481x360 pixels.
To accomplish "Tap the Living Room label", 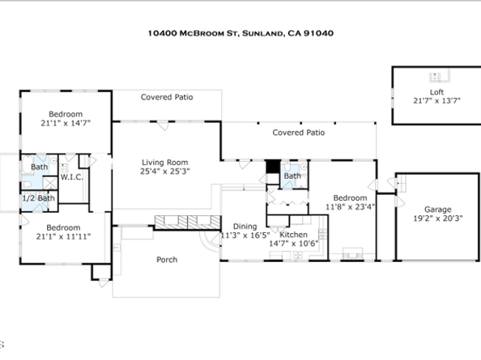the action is pyautogui.click(x=164, y=163).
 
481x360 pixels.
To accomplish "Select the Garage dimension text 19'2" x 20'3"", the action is pyautogui.click(x=438, y=218).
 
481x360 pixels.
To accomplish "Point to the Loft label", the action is pyautogui.click(x=436, y=92).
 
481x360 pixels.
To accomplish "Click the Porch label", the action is pyautogui.click(x=167, y=260).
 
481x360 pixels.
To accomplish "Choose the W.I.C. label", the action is pyautogui.click(x=71, y=177).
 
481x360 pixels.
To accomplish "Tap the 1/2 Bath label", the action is pyautogui.click(x=39, y=198).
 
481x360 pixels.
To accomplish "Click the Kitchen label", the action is pyautogui.click(x=294, y=235).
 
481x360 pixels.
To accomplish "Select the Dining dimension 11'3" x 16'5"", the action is pyautogui.click(x=245, y=235).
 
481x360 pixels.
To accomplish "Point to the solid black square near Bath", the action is pyautogui.click(x=273, y=167).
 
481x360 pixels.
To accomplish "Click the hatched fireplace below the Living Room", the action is pyautogui.click(x=187, y=222).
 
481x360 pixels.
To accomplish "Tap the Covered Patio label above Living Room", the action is pyautogui.click(x=167, y=97).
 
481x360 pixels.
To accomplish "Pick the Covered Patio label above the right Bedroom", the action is pyautogui.click(x=299, y=133).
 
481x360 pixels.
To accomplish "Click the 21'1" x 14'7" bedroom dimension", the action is pyautogui.click(x=66, y=123).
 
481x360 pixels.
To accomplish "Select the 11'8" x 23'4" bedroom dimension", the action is pyautogui.click(x=350, y=207).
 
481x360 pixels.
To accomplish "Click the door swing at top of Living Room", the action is pyautogui.click(x=163, y=126).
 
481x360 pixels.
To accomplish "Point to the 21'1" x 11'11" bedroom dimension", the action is pyautogui.click(x=63, y=236).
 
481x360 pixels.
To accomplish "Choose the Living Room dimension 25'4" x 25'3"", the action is pyautogui.click(x=165, y=172).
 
